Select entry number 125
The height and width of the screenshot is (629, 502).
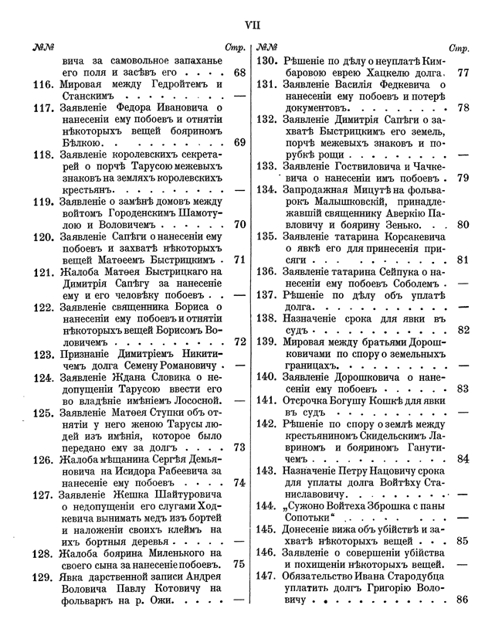(46, 413)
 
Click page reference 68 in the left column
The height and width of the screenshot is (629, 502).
(239, 73)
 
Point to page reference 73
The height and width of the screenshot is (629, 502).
(239, 446)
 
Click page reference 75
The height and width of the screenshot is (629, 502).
(239, 564)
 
